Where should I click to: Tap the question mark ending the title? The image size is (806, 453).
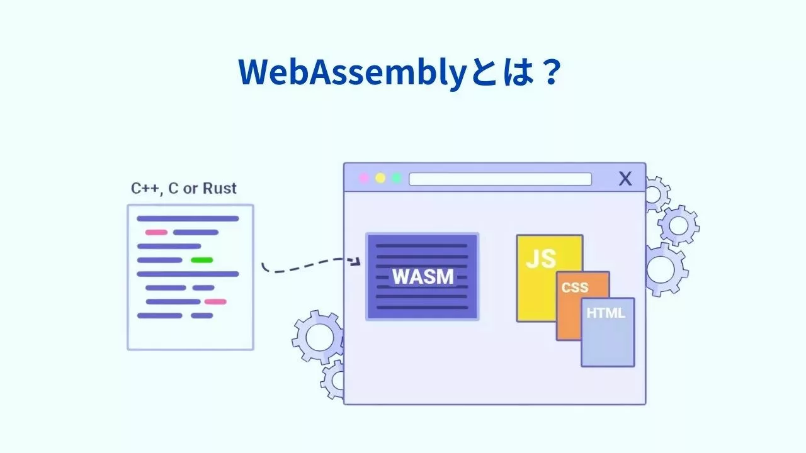tap(548, 73)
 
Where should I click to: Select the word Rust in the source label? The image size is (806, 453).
tap(220, 188)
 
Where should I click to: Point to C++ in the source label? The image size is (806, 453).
tap(145, 188)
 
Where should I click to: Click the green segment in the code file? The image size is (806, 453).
tap(201, 260)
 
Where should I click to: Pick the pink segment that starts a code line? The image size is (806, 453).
tap(156, 232)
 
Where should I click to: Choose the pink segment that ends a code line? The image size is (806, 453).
tap(215, 301)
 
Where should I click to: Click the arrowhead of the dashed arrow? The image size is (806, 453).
tap(356, 260)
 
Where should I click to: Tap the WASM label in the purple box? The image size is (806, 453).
tap(422, 277)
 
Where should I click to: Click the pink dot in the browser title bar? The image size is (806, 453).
tap(363, 178)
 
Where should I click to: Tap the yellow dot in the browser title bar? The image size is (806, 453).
tap(380, 178)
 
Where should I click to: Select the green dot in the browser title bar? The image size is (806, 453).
tap(397, 178)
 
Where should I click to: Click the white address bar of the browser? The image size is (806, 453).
tap(500, 179)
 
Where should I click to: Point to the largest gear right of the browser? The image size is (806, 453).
tap(664, 269)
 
